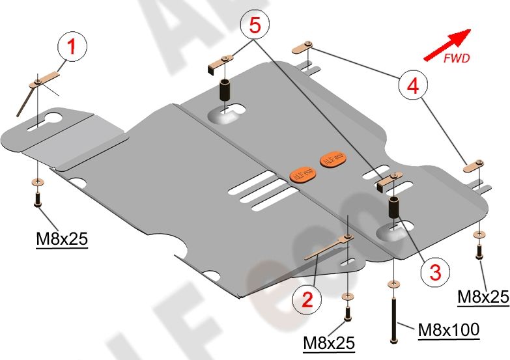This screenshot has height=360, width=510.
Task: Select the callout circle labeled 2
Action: [306, 299]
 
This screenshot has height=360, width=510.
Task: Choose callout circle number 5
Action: [255, 25]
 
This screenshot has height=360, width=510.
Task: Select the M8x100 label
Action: [448, 331]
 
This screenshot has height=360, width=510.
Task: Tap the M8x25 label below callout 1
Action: [61, 240]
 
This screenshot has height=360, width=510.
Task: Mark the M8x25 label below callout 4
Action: [483, 297]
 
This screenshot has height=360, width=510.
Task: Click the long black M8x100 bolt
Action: [394, 318]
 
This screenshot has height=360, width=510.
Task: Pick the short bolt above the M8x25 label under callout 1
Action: [38, 197]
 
